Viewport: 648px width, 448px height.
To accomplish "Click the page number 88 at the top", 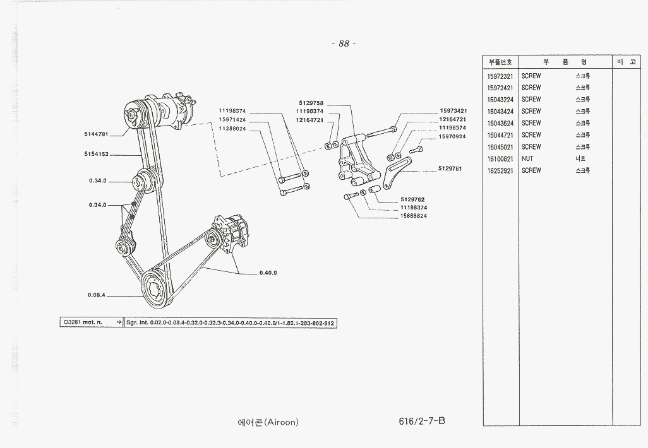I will click(344, 44).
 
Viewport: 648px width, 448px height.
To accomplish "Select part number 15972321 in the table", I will click(500, 76).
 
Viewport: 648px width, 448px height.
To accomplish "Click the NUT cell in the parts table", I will click(527, 159).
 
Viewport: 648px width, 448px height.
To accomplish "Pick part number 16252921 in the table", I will click(500, 171).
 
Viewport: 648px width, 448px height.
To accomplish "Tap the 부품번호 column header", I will click(500, 62).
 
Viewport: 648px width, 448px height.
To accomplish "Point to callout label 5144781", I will click(96, 134).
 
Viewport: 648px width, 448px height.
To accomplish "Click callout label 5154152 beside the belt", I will click(96, 154).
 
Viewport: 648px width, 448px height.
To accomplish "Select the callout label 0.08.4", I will click(96, 295).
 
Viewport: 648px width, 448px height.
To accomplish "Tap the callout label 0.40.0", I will click(268, 273).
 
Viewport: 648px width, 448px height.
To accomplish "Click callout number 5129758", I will click(311, 103).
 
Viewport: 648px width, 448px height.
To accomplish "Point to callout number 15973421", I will click(453, 111).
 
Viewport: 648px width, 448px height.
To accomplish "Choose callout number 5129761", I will click(450, 168).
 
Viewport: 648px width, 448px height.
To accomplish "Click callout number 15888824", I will click(414, 216).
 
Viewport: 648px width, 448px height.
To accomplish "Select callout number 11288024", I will click(232, 128).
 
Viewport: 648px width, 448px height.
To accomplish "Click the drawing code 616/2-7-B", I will click(422, 421).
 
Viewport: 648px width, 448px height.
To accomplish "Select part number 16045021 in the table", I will click(500, 147).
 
